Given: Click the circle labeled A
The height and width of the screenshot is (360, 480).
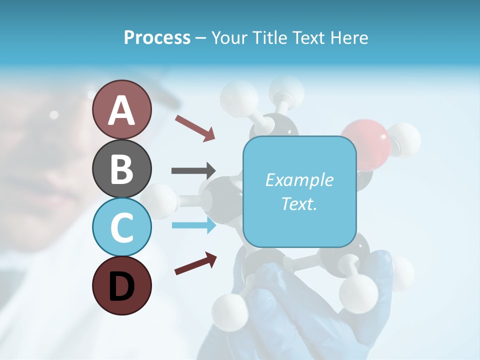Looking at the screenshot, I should coord(121,109).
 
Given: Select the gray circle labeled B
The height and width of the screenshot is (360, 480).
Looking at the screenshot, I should coord(121,168).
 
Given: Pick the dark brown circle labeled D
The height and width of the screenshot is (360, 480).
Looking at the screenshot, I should coord(121,285).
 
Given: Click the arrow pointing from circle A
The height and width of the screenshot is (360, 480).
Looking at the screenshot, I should coord(195,128).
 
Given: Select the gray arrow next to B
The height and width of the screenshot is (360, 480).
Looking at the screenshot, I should coord(193,171).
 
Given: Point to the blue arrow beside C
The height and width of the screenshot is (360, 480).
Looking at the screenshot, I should coord(193,225).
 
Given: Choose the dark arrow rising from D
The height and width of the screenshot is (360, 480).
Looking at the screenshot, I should coord(195,263).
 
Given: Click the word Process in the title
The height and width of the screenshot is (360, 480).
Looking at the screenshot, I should coord(157,37).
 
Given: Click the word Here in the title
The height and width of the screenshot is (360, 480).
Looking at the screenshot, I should coord(350,37).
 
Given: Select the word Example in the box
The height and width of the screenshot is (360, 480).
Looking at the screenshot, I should coord(299,180).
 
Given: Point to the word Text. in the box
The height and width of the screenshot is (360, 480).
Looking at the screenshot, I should coord(299,203).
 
